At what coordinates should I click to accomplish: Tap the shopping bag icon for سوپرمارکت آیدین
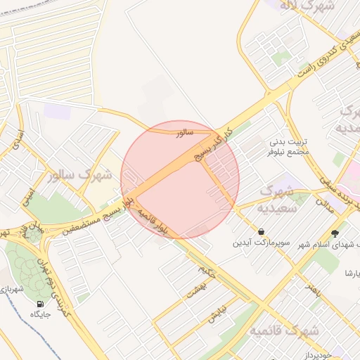pos(262,231)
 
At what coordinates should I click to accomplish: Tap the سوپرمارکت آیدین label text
pos(261,243)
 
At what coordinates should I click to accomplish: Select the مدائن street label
pos(323,204)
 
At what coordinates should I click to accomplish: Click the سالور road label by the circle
pos(184,131)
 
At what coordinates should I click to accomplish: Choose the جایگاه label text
pos(40,314)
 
